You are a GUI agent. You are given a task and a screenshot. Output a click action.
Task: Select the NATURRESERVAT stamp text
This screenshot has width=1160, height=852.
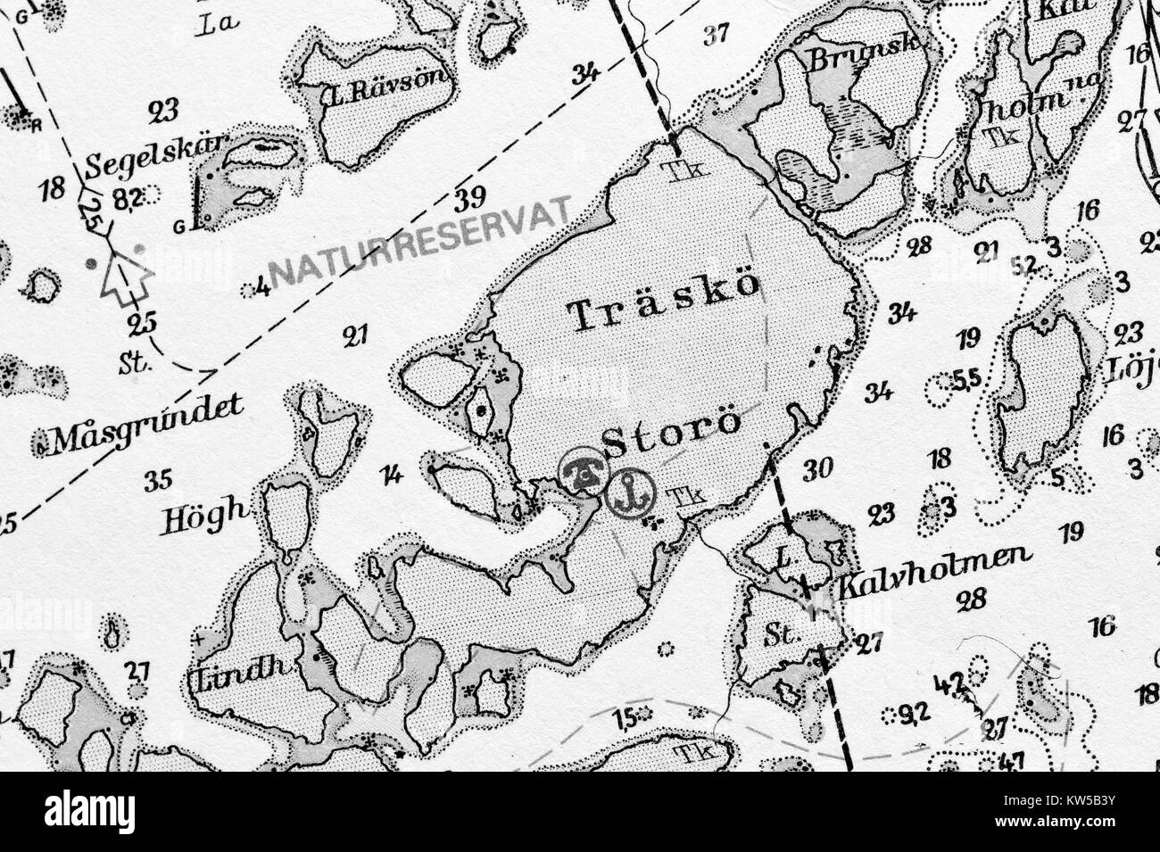[x=419, y=242]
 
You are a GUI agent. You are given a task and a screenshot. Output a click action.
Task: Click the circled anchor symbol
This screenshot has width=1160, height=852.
[x=630, y=492]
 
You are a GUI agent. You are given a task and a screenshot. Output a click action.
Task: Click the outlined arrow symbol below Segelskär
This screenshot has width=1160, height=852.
[x=126, y=277]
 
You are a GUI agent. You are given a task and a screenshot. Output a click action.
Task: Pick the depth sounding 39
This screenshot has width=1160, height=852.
[x=470, y=198]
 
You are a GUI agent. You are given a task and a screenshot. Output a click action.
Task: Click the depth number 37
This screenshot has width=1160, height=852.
[x=716, y=35]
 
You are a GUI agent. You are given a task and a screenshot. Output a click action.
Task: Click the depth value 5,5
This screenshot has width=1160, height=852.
[x=966, y=380]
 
